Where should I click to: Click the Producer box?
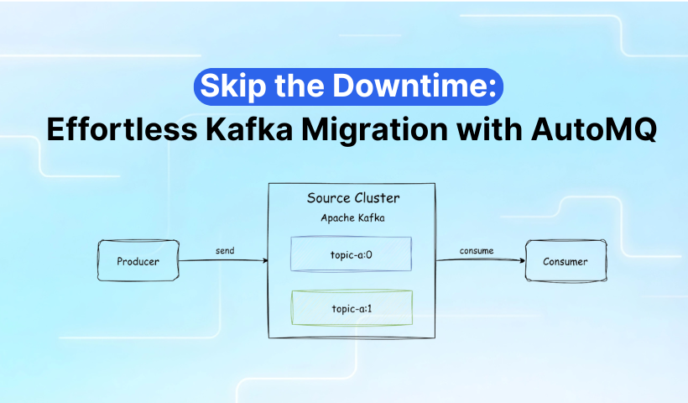click(x=138, y=260)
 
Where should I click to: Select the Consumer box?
click(x=566, y=261)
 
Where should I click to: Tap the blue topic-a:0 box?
click(x=351, y=254)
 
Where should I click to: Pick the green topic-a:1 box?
click(x=352, y=308)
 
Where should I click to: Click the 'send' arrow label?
click(x=225, y=251)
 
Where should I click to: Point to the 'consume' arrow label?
click(x=477, y=251)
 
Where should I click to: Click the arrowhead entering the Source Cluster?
click(x=265, y=260)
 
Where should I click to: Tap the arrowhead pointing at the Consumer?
click(x=522, y=260)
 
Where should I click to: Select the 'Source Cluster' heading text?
click(x=353, y=198)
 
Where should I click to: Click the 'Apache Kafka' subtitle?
click(x=352, y=217)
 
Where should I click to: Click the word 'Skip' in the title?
click(x=233, y=86)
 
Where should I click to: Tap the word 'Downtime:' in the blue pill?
click(x=414, y=85)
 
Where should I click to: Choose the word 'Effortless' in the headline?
click(x=122, y=129)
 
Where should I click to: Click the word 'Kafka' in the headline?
click(x=249, y=129)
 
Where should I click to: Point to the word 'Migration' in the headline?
click(x=375, y=130)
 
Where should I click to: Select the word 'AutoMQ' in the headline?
click(x=594, y=130)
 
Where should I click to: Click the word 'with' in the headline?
click(x=490, y=129)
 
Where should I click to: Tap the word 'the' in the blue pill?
click(x=300, y=85)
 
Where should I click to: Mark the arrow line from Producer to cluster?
click(x=224, y=260)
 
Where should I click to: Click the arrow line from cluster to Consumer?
click(x=481, y=260)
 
